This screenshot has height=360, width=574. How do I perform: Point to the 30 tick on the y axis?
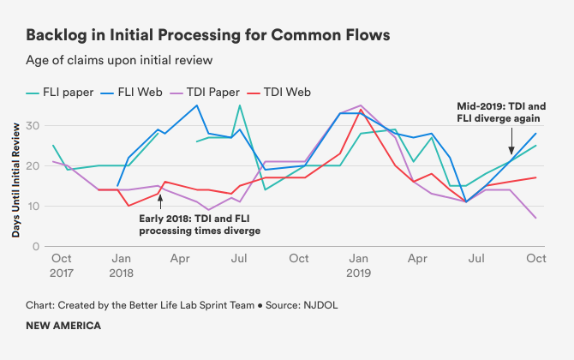[x=34, y=126]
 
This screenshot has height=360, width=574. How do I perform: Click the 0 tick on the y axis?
[x=37, y=246]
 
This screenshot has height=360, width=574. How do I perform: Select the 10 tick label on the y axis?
[x=34, y=206]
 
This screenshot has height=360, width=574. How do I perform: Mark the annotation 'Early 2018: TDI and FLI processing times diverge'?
[x=200, y=225]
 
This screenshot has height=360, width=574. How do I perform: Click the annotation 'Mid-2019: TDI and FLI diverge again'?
[x=500, y=111]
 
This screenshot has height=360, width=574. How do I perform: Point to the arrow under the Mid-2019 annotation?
[x=511, y=139]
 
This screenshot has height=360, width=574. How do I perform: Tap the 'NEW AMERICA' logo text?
[x=63, y=326]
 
